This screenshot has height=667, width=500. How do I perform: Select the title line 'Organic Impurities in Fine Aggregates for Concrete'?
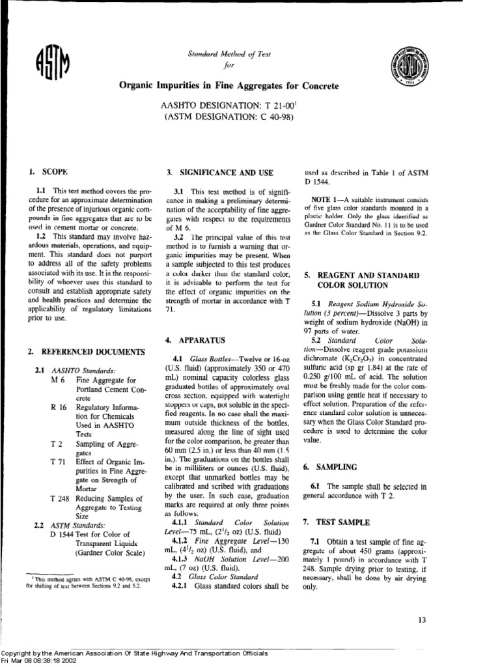point(229,86)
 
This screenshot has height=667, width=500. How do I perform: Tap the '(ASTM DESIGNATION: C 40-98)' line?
point(229,117)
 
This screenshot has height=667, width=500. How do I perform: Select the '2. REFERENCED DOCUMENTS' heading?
point(86,352)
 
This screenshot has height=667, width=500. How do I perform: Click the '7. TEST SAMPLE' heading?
point(336,523)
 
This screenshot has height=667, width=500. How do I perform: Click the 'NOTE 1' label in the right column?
point(326,197)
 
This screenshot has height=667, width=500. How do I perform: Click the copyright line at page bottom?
point(133,653)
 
